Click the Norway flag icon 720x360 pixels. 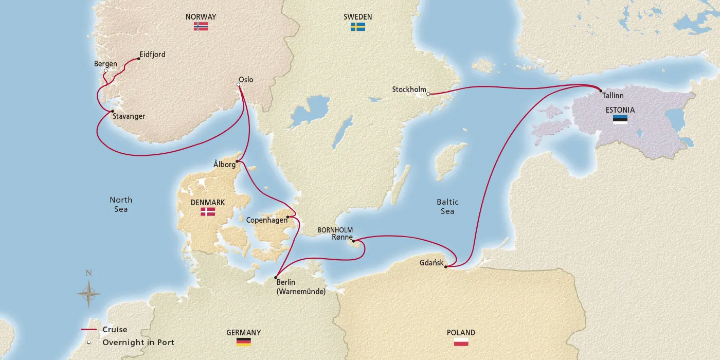[201, 26]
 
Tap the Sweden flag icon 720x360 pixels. [358, 26]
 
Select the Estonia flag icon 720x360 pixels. [620, 119]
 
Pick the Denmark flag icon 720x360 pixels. [208, 212]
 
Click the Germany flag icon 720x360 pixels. [243, 342]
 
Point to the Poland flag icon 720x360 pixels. [461, 342]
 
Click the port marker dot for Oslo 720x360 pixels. [239, 85]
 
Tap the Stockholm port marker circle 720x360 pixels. [428, 94]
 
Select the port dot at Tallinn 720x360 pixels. [601, 91]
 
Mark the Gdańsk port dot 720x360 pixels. [445, 266]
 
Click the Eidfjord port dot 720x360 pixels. [139, 59]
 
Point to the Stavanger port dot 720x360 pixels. [112, 111]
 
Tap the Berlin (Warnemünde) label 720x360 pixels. [301, 287]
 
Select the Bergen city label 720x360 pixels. [105, 64]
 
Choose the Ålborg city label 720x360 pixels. [224, 165]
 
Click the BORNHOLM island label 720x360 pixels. [335, 229]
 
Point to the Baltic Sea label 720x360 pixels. [447, 207]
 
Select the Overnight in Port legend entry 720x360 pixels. [138, 343]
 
